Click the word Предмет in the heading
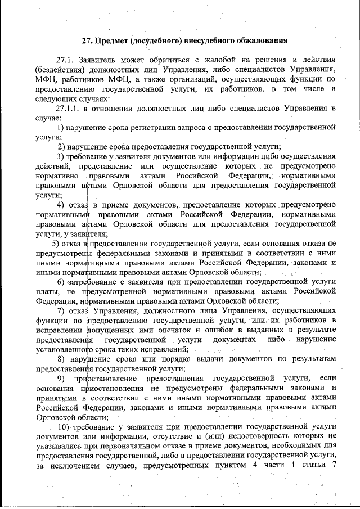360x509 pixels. point(113,40)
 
